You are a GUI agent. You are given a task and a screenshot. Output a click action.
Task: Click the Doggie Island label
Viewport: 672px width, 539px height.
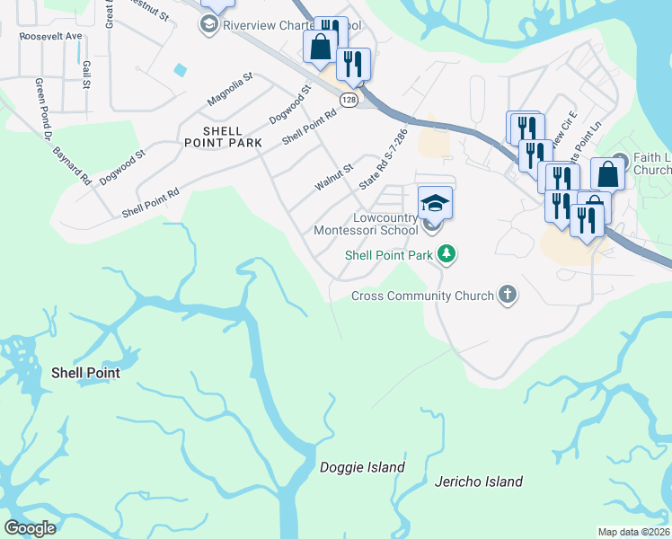tap(362, 467)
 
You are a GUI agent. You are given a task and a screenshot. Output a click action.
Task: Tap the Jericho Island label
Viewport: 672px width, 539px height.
tap(479, 482)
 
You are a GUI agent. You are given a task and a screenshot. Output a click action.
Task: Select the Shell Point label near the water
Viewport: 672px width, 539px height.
tap(85, 372)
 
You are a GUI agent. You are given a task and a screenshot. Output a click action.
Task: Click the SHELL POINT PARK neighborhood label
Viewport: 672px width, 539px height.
tap(223, 137)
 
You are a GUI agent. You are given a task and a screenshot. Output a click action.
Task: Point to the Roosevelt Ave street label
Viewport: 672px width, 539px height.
tap(51, 36)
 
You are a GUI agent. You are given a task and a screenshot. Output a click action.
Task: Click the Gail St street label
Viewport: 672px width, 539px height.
tap(87, 75)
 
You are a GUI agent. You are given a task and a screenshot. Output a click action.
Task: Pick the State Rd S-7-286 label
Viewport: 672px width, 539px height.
tap(384, 158)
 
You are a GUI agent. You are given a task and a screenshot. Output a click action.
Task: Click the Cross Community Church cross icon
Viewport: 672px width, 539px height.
tap(508, 295)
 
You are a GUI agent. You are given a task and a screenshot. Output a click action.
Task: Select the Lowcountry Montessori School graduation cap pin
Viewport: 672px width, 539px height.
tap(435, 203)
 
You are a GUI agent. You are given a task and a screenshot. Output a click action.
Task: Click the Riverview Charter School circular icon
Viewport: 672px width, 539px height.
tap(209, 24)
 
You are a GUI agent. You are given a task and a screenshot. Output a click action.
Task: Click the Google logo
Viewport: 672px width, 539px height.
tap(31, 528)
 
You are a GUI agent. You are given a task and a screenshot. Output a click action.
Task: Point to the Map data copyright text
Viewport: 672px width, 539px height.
tap(634, 532)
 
